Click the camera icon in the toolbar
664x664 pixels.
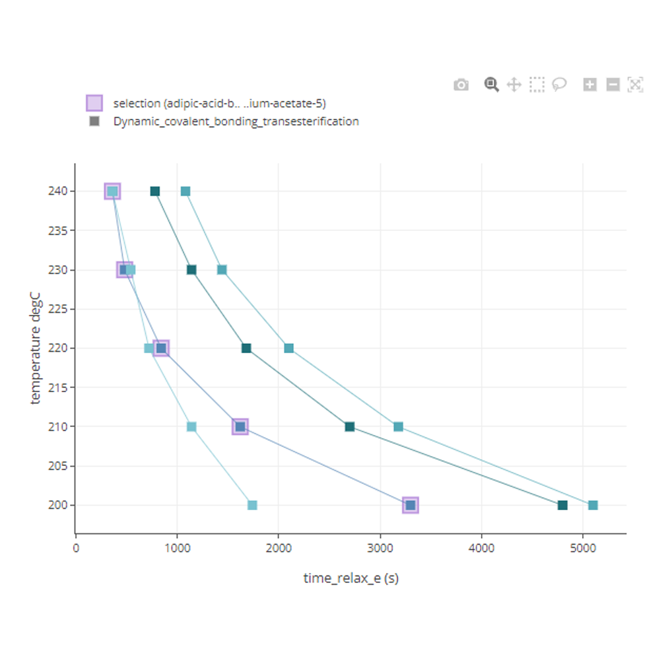461,84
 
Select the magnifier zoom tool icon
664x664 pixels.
491,84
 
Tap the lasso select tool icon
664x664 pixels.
560,84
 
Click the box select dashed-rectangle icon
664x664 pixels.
537,84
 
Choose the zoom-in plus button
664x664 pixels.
590,84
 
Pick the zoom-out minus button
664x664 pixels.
613,84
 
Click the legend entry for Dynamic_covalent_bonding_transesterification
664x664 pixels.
236,121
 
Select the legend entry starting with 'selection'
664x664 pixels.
219,103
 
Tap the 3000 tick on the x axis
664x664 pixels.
380,547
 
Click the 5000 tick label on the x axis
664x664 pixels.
582,547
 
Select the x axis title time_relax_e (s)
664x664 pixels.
350,579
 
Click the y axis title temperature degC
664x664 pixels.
36,349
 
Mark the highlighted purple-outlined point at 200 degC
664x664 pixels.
411,506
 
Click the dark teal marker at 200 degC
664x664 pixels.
562,506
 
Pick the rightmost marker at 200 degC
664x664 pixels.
593,506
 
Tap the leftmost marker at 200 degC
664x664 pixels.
252,506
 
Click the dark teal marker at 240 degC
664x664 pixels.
155,191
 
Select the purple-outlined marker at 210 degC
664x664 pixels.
240,427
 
